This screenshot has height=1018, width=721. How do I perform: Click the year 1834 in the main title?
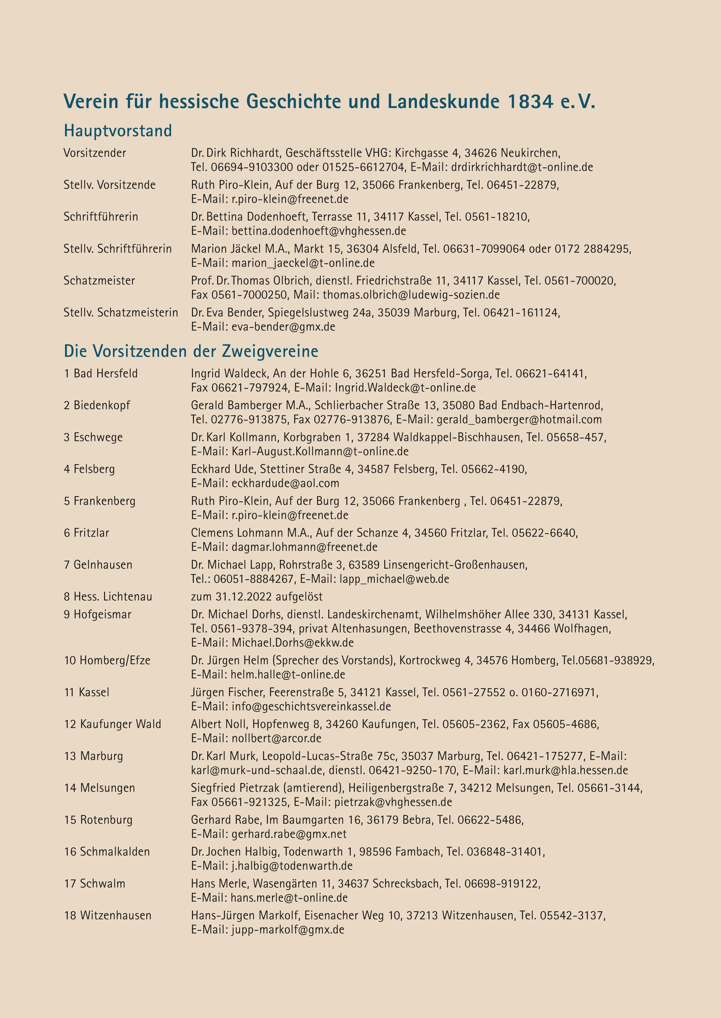(x=529, y=102)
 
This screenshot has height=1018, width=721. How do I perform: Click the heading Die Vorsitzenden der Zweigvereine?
(x=191, y=351)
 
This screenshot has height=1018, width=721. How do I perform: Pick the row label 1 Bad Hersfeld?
(x=101, y=373)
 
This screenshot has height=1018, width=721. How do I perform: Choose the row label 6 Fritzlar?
(x=87, y=533)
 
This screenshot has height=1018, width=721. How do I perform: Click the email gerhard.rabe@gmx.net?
(x=289, y=834)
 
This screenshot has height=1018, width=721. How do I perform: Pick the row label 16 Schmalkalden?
(x=107, y=852)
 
